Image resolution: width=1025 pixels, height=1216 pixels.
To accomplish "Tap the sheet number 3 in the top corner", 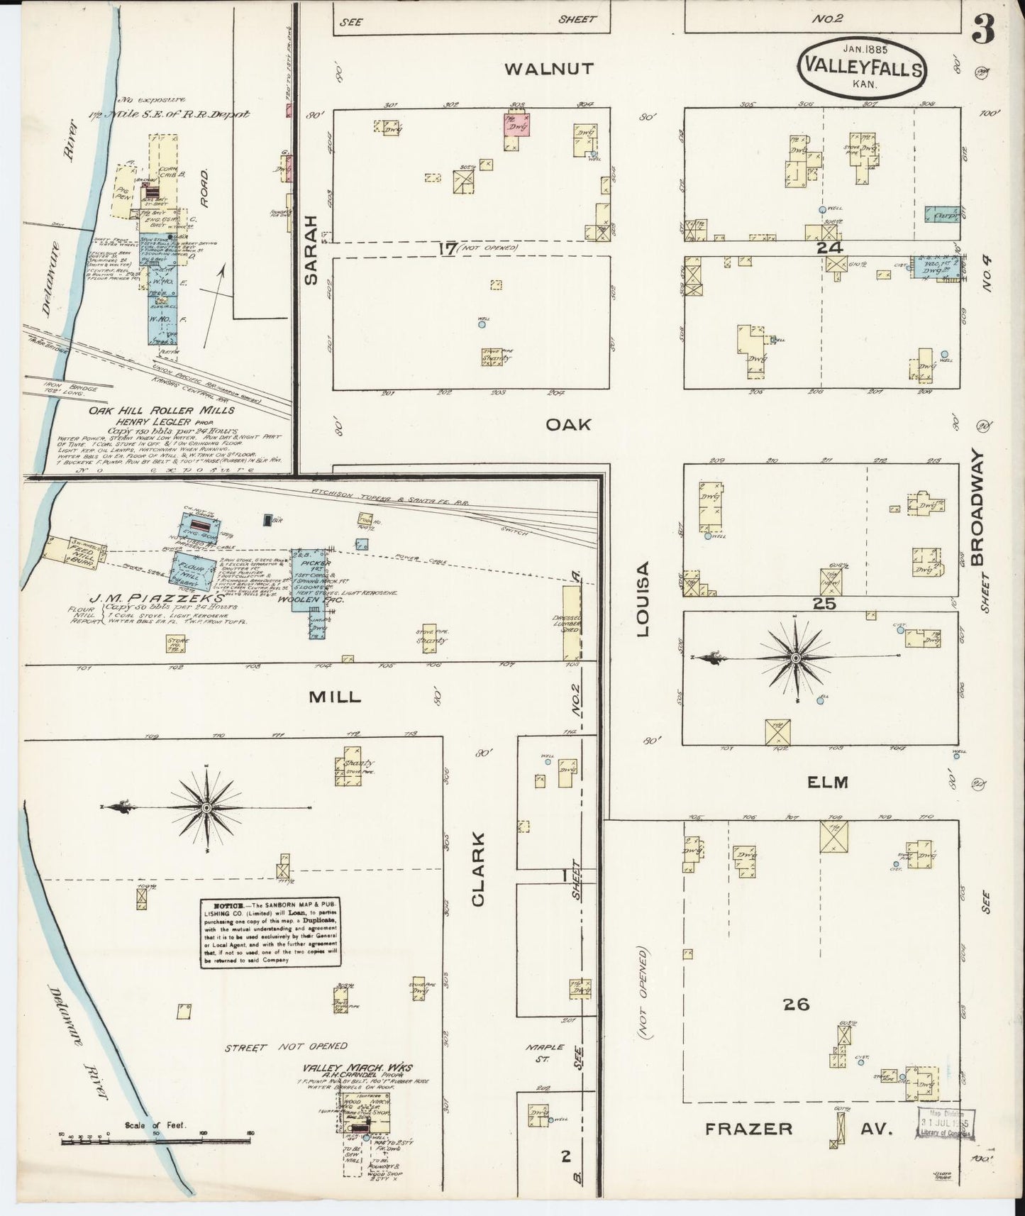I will coord(982,31).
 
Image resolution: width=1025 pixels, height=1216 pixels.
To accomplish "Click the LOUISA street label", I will coord(643,599).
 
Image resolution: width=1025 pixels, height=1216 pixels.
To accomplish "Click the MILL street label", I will coord(334,697).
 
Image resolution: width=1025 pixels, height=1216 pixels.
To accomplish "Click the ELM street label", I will coord(828,782).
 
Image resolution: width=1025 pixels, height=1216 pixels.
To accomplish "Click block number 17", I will coord(447,248).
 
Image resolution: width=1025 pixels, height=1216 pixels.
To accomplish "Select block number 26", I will coord(797,1004).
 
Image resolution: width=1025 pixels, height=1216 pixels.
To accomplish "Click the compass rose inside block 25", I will coord(796,658).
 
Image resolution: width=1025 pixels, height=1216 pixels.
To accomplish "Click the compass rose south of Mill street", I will coord(206,807).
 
